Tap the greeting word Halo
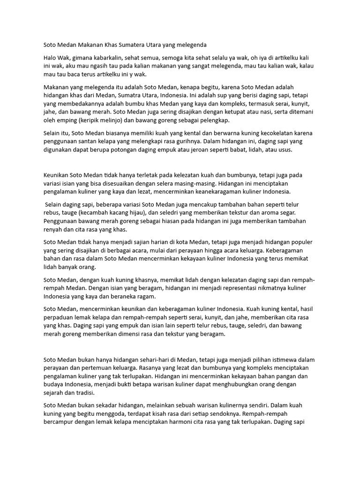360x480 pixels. [51, 57]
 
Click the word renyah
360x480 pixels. [54, 230]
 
